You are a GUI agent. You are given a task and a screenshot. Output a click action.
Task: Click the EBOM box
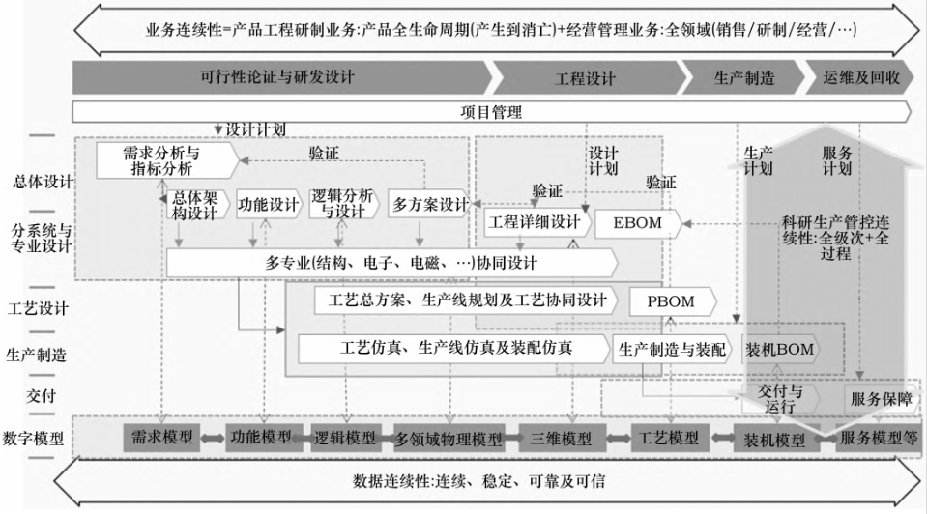point(638,223)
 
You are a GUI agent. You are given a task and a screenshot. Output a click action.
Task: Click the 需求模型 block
point(162,438)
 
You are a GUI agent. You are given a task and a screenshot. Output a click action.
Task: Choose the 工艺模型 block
point(669,439)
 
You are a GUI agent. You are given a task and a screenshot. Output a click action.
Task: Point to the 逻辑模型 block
point(344,439)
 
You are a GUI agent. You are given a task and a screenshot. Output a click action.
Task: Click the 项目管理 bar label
point(491,112)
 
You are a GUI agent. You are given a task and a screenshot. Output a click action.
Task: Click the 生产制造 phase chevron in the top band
point(743,77)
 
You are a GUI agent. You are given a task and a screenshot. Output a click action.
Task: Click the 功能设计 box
point(269,205)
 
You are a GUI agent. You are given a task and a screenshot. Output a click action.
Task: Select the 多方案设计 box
point(429,205)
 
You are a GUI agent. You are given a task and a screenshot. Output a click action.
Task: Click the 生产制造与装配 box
point(673,350)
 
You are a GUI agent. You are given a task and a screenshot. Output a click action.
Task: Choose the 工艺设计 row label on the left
point(38,308)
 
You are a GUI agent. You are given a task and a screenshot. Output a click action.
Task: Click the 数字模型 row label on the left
point(34,439)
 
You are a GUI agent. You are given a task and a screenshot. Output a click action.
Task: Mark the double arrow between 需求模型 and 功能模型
point(213,439)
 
